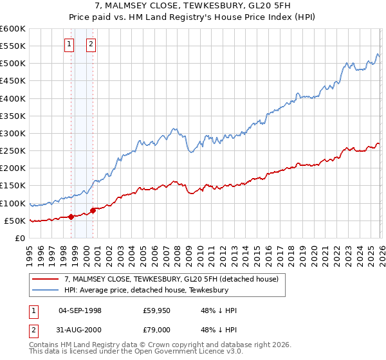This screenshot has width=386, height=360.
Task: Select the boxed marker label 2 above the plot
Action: pos(91,44)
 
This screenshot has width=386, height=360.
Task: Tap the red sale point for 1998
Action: pos(71,217)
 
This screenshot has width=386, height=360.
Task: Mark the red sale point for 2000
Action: pos(93,210)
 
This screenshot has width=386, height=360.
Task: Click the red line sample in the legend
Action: pos(45,279)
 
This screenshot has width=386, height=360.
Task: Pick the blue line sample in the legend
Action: pos(45,290)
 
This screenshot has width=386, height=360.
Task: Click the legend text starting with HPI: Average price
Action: pos(147,290)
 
